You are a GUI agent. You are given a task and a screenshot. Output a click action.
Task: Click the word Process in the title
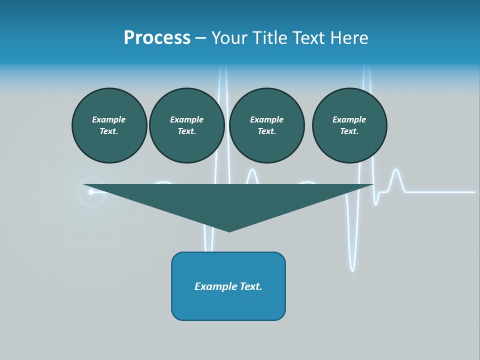click(x=157, y=38)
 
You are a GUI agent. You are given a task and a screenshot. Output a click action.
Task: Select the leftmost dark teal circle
click(x=109, y=125)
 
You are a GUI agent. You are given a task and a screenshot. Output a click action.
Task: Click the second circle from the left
click(x=186, y=125)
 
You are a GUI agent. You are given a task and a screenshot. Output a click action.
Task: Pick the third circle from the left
click(x=266, y=125)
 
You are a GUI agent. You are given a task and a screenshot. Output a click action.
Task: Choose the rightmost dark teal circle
click(x=349, y=125)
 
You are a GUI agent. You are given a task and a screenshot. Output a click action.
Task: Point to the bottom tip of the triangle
click(x=229, y=231)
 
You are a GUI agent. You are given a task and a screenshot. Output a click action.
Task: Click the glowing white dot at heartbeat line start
click(x=91, y=192)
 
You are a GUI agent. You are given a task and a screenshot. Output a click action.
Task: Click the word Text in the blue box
click(x=251, y=286)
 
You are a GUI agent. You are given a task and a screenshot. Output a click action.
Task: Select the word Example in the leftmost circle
click(x=109, y=119)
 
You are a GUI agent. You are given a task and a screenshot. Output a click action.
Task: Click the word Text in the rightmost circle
click(x=349, y=131)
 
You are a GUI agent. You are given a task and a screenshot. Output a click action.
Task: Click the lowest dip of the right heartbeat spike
click(x=352, y=270)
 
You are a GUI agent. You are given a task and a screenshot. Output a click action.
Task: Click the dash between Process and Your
click(x=200, y=38)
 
